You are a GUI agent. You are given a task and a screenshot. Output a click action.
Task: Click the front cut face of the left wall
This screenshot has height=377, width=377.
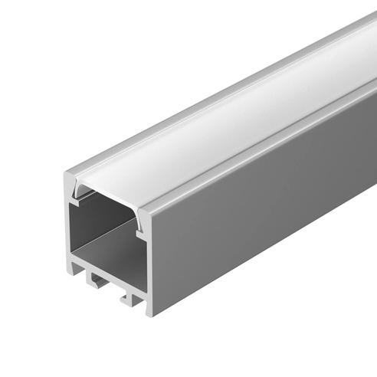[67, 222]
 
